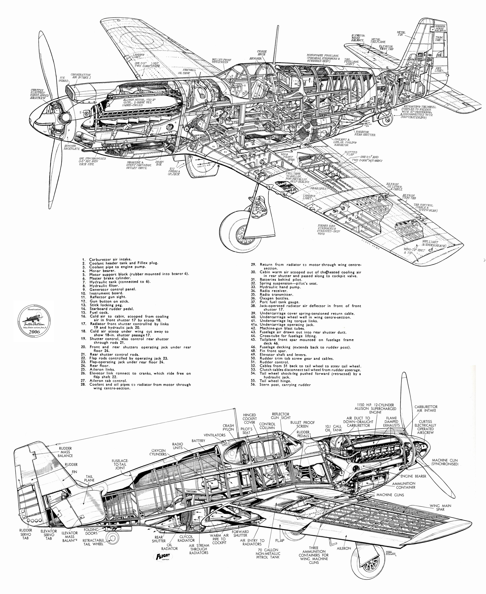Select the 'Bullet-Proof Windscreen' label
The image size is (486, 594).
(220, 61)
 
